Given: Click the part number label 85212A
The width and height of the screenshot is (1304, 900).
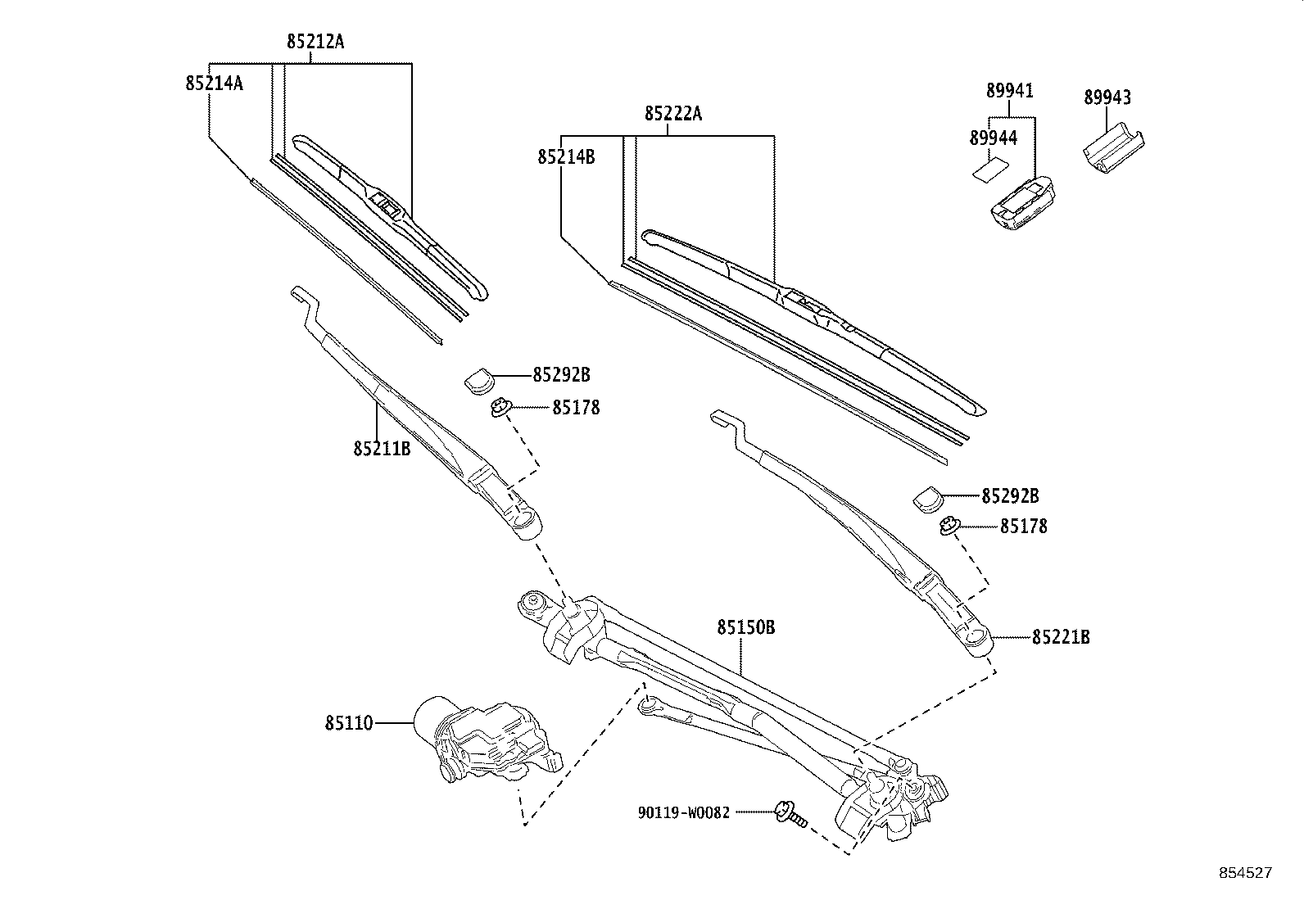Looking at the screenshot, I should (315, 41).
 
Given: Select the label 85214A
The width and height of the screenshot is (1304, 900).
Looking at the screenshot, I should (214, 83).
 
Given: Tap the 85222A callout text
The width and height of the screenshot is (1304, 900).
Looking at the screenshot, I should (673, 114).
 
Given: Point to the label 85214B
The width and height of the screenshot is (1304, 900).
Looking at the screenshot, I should (566, 156).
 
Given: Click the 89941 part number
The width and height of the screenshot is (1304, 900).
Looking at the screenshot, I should (1009, 91).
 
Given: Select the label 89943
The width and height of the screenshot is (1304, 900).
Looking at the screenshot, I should (1107, 97).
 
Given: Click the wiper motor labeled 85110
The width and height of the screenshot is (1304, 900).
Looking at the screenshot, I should (483, 741).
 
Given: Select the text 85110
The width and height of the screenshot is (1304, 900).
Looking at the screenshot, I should (348, 724).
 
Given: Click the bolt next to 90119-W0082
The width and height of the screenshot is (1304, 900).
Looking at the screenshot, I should (788, 813).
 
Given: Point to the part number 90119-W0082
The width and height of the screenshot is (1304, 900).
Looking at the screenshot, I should (683, 813).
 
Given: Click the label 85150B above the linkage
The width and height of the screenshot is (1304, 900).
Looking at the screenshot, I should (745, 627).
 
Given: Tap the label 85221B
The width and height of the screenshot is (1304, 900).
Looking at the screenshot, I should (1061, 637).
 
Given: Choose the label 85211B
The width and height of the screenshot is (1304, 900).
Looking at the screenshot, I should (382, 449).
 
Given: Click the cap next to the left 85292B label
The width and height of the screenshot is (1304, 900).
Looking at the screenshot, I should (480, 380).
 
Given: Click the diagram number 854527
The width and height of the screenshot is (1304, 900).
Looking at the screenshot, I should (1245, 873).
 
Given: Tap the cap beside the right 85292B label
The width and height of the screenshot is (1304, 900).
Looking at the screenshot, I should (928, 498).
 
